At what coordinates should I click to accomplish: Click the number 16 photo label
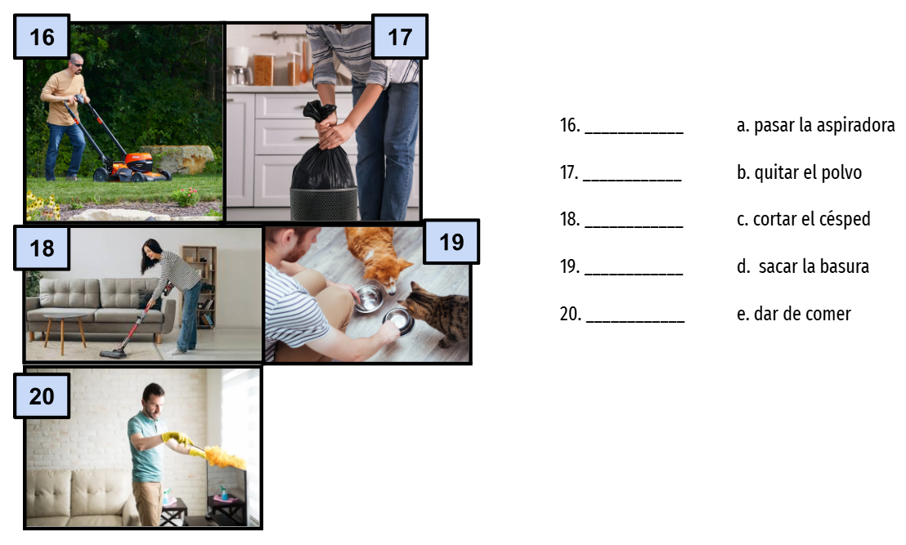pos(42,37)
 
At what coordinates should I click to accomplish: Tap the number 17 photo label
pos(400,37)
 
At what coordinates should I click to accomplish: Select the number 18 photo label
pos(42,248)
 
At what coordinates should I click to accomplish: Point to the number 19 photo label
pos(451,242)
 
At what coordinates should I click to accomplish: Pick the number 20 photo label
pos(42,396)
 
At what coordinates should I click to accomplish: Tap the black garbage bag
pos(322,150)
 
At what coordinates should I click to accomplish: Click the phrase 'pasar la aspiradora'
pos(823,125)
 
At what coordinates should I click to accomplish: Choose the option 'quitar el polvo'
pos(808,172)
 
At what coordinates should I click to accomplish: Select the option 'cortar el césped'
pos(811,219)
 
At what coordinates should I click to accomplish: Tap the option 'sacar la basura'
pos(814,266)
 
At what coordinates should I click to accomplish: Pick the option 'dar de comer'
pos(802,314)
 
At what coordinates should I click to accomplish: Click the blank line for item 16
pos(634,133)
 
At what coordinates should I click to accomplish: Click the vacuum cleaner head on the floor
pos(113,353)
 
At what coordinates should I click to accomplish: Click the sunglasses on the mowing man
pos(77,65)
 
